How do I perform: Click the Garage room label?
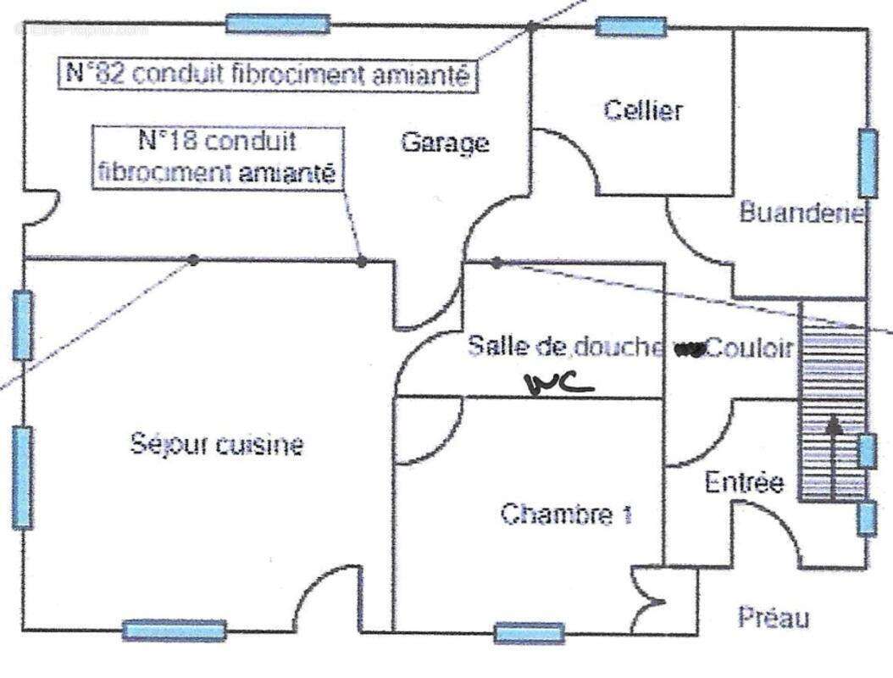click(x=445, y=142)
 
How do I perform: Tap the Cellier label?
click(x=643, y=110)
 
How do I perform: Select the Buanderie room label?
click(x=801, y=212)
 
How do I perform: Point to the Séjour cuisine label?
click(x=217, y=443)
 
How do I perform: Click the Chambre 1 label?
click(x=566, y=514)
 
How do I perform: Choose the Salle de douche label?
click(x=565, y=347)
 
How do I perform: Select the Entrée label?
click(x=745, y=483)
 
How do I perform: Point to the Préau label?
click(x=773, y=617)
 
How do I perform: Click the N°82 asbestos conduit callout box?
click(x=269, y=74)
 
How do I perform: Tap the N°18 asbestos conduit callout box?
click(x=218, y=158)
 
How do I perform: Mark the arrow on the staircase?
click(x=835, y=458)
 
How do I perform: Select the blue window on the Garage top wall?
click(x=277, y=24)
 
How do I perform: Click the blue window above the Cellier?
click(x=630, y=26)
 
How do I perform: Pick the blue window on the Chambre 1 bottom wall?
click(x=530, y=633)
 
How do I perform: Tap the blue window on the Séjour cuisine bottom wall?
click(x=175, y=631)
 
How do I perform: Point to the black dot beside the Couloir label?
click(x=696, y=351)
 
